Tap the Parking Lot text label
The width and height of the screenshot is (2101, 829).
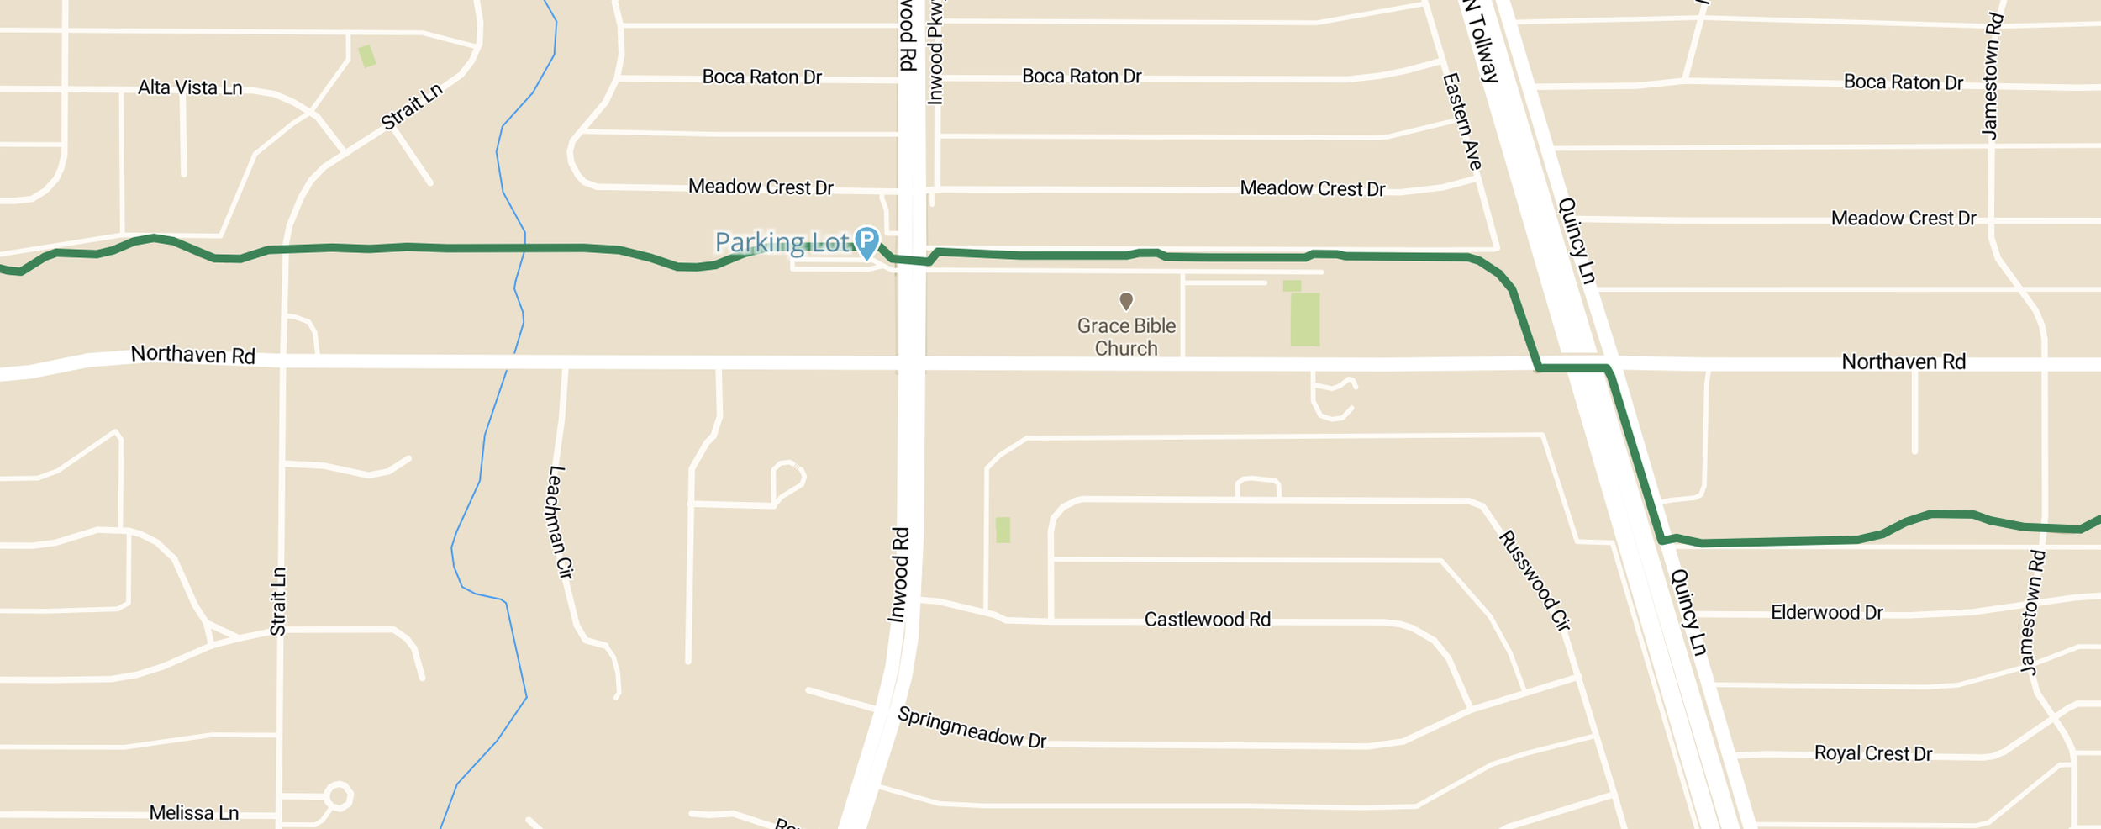[782, 243]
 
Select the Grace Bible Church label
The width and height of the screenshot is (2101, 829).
[1126, 337]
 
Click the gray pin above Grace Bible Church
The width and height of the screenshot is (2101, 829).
[1126, 300]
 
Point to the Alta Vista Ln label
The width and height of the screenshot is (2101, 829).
[190, 87]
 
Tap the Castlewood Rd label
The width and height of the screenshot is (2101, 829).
[1207, 620]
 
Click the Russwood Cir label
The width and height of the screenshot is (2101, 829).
[1534, 580]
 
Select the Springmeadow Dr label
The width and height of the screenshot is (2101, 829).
[972, 727]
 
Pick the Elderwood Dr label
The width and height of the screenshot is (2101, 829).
[1826, 612]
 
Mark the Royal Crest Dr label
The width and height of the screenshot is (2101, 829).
[1872, 753]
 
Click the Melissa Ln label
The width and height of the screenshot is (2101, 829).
[194, 813]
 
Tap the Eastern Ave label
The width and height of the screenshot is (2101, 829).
[1462, 122]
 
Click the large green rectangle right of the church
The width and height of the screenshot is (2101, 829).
[1304, 319]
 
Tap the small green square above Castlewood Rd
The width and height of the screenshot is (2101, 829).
[1003, 530]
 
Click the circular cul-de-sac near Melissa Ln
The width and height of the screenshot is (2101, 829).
[338, 795]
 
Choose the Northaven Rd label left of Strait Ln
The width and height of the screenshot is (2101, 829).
[192, 355]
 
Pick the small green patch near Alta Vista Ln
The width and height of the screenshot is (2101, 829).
[367, 56]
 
